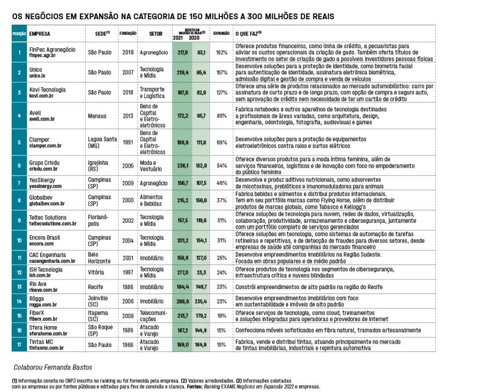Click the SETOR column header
click(x=155, y=33)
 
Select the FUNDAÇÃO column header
click(x=128, y=33)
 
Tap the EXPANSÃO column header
click(x=221, y=33)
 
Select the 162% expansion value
click(x=221, y=52)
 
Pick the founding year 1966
click(x=128, y=344)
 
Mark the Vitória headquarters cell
click(x=96, y=272)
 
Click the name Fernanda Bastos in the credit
click(x=72, y=368)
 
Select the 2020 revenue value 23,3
click(x=202, y=272)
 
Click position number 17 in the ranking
click(x=19, y=344)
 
